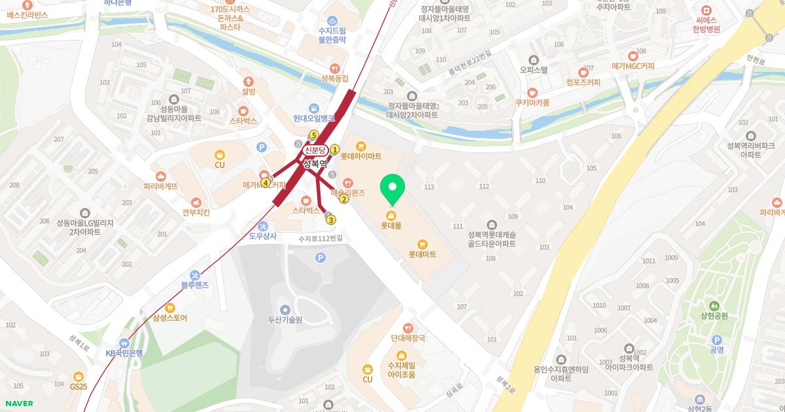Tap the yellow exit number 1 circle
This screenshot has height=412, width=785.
click(335, 149)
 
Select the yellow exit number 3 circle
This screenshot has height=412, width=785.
click(331, 220)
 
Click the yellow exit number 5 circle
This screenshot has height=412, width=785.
click(313, 135)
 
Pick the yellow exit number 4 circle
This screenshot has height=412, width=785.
click(266, 182)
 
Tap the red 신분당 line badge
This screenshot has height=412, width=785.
click(315, 150)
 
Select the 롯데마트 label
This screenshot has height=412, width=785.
click(422, 254)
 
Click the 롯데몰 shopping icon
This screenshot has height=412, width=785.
click(391, 215)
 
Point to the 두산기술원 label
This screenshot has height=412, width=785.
click(285, 320)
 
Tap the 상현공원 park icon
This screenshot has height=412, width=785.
click(714, 305)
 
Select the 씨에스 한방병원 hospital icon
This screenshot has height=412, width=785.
click(706, 10)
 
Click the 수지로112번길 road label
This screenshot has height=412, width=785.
click(320, 239)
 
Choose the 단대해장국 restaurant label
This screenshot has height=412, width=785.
click(408, 338)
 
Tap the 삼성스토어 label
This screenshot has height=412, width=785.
click(170, 318)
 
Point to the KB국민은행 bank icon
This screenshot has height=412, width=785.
click(124, 343)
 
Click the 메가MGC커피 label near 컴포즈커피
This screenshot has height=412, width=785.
click(633, 66)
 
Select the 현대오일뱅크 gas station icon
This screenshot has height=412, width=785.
click(314, 107)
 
